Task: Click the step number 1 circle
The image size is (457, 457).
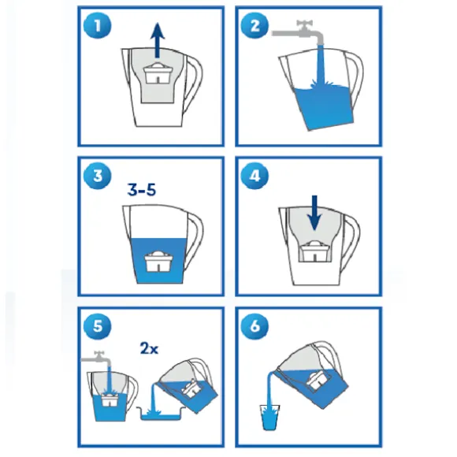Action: [x=98, y=25]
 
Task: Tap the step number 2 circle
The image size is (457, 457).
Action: [x=255, y=25]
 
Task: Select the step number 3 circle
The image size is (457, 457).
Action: [x=98, y=176]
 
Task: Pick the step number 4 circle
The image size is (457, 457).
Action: [x=255, y=176]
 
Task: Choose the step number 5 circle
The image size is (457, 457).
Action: [x=98, y=326]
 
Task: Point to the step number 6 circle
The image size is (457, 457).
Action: [x=255, y=326]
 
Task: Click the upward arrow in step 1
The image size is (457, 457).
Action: [x=158, y=40]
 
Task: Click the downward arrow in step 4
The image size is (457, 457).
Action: [x=314, y=213]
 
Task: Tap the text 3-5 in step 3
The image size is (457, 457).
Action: [x=142, y=190]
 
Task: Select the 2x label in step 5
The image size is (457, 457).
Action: [x=149, y=348]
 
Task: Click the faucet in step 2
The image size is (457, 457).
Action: [x=298, y=32]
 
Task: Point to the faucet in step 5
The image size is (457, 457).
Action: [x=96, y=359]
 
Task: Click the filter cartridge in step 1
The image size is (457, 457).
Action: [x=158, y=73]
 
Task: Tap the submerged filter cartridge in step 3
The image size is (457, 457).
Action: [x=158, y=261]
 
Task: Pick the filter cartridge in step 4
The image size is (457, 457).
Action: [x=314, y=251]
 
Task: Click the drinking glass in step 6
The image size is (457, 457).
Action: [x=269, y=418]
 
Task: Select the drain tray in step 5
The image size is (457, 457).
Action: [x=162, y=414]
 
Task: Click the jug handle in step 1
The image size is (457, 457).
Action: [x=193, y=82]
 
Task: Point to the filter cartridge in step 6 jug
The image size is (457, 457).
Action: [x=319, y=380]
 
